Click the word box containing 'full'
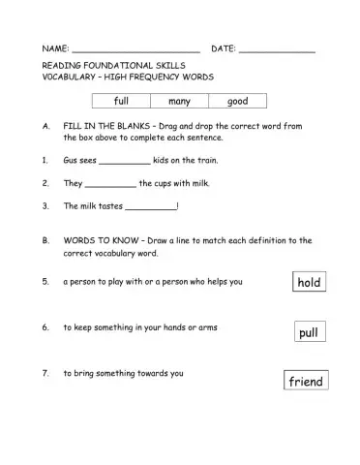click(121, 101)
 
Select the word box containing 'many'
click(179, 101)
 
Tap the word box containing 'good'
click(237, 101)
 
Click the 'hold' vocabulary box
click(309, 282)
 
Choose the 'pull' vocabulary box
click(309, 332)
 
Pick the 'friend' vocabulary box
click(306, 381)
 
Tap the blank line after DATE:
click(277, 49)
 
